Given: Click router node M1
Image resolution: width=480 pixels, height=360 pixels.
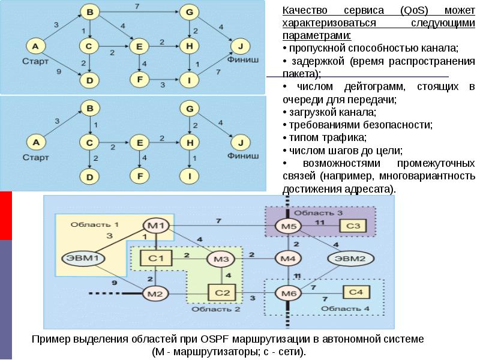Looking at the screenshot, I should click(156, 226).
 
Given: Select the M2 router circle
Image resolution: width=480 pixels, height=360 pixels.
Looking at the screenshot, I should click(156, 293).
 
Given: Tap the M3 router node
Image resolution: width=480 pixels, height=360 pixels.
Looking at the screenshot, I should click(221, 259).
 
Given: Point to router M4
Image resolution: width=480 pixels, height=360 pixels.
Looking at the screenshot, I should click(288, 259).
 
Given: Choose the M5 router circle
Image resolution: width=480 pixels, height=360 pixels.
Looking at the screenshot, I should click(288, 226).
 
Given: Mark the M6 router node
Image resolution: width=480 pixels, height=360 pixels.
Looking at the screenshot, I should click(288, 293).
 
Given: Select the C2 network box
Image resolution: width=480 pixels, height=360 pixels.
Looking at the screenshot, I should click(221, 293).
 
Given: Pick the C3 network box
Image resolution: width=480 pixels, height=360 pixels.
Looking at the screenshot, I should click(353, 226).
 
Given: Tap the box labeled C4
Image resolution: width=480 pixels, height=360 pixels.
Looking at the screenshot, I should click(356, 292).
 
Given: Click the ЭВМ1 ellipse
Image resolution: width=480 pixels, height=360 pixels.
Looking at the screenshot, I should click(83, 259).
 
